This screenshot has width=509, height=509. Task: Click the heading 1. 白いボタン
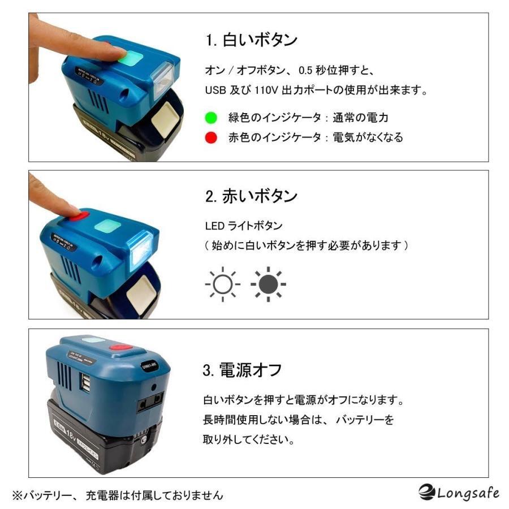251,40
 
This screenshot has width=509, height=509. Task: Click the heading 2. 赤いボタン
251,196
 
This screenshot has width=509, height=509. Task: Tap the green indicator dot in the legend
212,118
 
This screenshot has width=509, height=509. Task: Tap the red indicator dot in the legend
212,137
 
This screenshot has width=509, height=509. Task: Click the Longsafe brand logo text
459,493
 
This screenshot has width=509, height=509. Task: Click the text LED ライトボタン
243,226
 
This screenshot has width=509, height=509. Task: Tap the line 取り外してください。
248,439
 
